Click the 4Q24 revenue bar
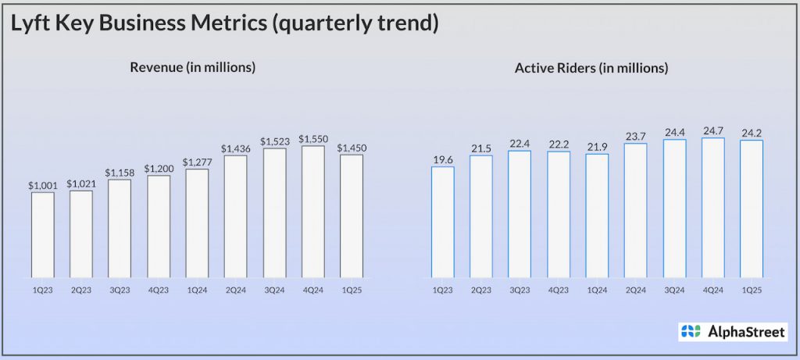tap(312, 211)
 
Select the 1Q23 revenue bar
tap(43, 234)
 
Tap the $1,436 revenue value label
tap(235, 148)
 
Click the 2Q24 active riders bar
tap(635, 210)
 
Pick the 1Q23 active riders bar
tap(443, 222)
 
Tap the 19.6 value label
tap(443, 159)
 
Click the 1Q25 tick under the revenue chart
tap(351, 290)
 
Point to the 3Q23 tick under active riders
tap(520, 290)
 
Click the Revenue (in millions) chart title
tap(193, 67)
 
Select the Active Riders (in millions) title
tap(591, 68)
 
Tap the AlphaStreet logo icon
tap(691, 331)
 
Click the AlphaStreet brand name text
tap(745, 331)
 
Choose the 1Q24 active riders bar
tap(597, 215)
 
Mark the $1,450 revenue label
tap(351, 148)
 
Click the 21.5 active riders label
tap(481, 148)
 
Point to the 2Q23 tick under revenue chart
tap(81, 290)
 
